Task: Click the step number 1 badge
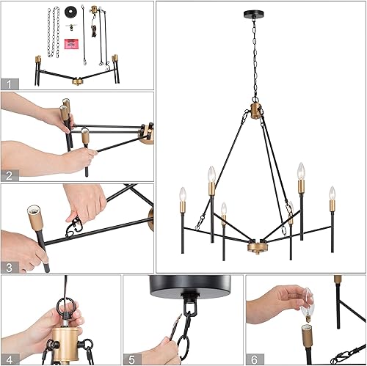tap(9, 84)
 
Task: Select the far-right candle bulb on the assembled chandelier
tap(332, 194)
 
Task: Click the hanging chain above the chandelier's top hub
tap(260, 59)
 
